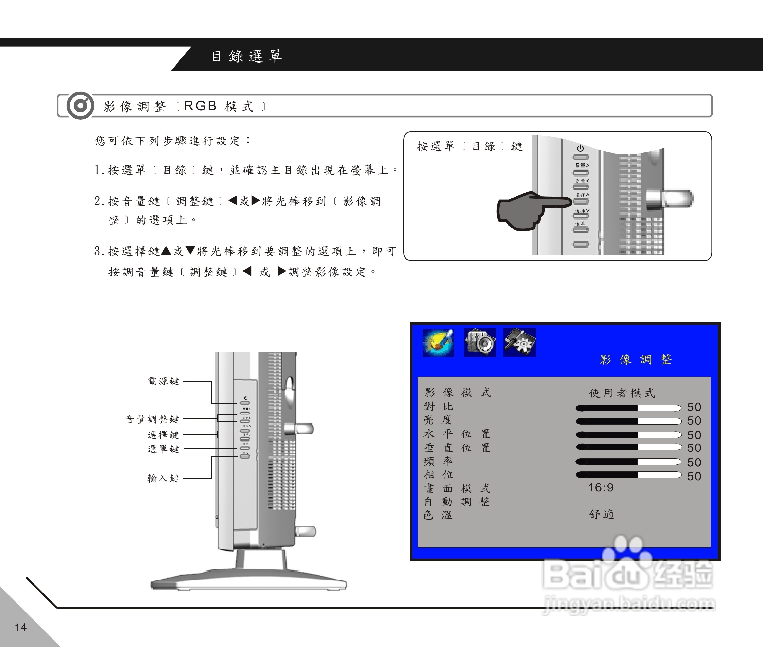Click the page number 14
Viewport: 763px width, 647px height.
20,627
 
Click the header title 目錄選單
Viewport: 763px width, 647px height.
247,56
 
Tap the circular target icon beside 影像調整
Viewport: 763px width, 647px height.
80,106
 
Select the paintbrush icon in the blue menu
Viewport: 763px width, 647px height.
438,343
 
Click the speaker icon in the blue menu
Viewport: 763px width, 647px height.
480,343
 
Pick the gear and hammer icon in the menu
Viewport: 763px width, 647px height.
519,342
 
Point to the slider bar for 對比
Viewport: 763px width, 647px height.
628,408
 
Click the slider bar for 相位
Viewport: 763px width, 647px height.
628,475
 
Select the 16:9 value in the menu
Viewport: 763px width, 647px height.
601,487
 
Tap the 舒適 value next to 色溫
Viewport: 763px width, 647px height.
601,514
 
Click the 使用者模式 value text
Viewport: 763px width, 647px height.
622,393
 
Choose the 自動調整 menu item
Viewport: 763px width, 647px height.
457,501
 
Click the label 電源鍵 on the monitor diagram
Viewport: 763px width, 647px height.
163,381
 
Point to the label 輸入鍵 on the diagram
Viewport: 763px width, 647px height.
163,478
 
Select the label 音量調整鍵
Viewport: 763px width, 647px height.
152,419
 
